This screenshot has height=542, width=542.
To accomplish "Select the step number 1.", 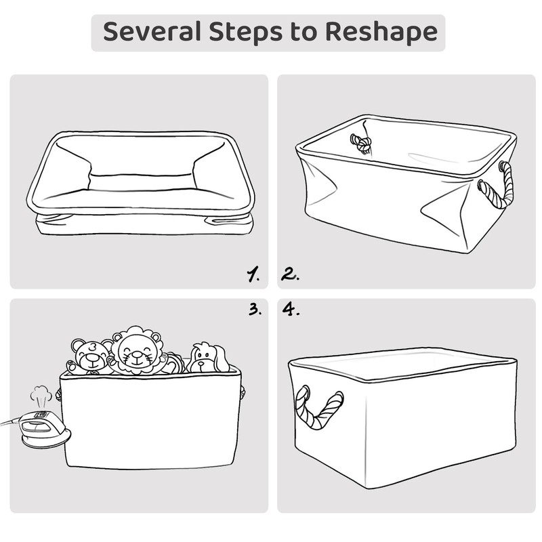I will pos(253,274).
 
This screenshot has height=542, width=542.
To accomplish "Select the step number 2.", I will pos(291,274).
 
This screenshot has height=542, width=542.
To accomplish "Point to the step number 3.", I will pos(254,310).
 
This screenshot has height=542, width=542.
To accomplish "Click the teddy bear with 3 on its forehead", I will pos(90,356).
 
